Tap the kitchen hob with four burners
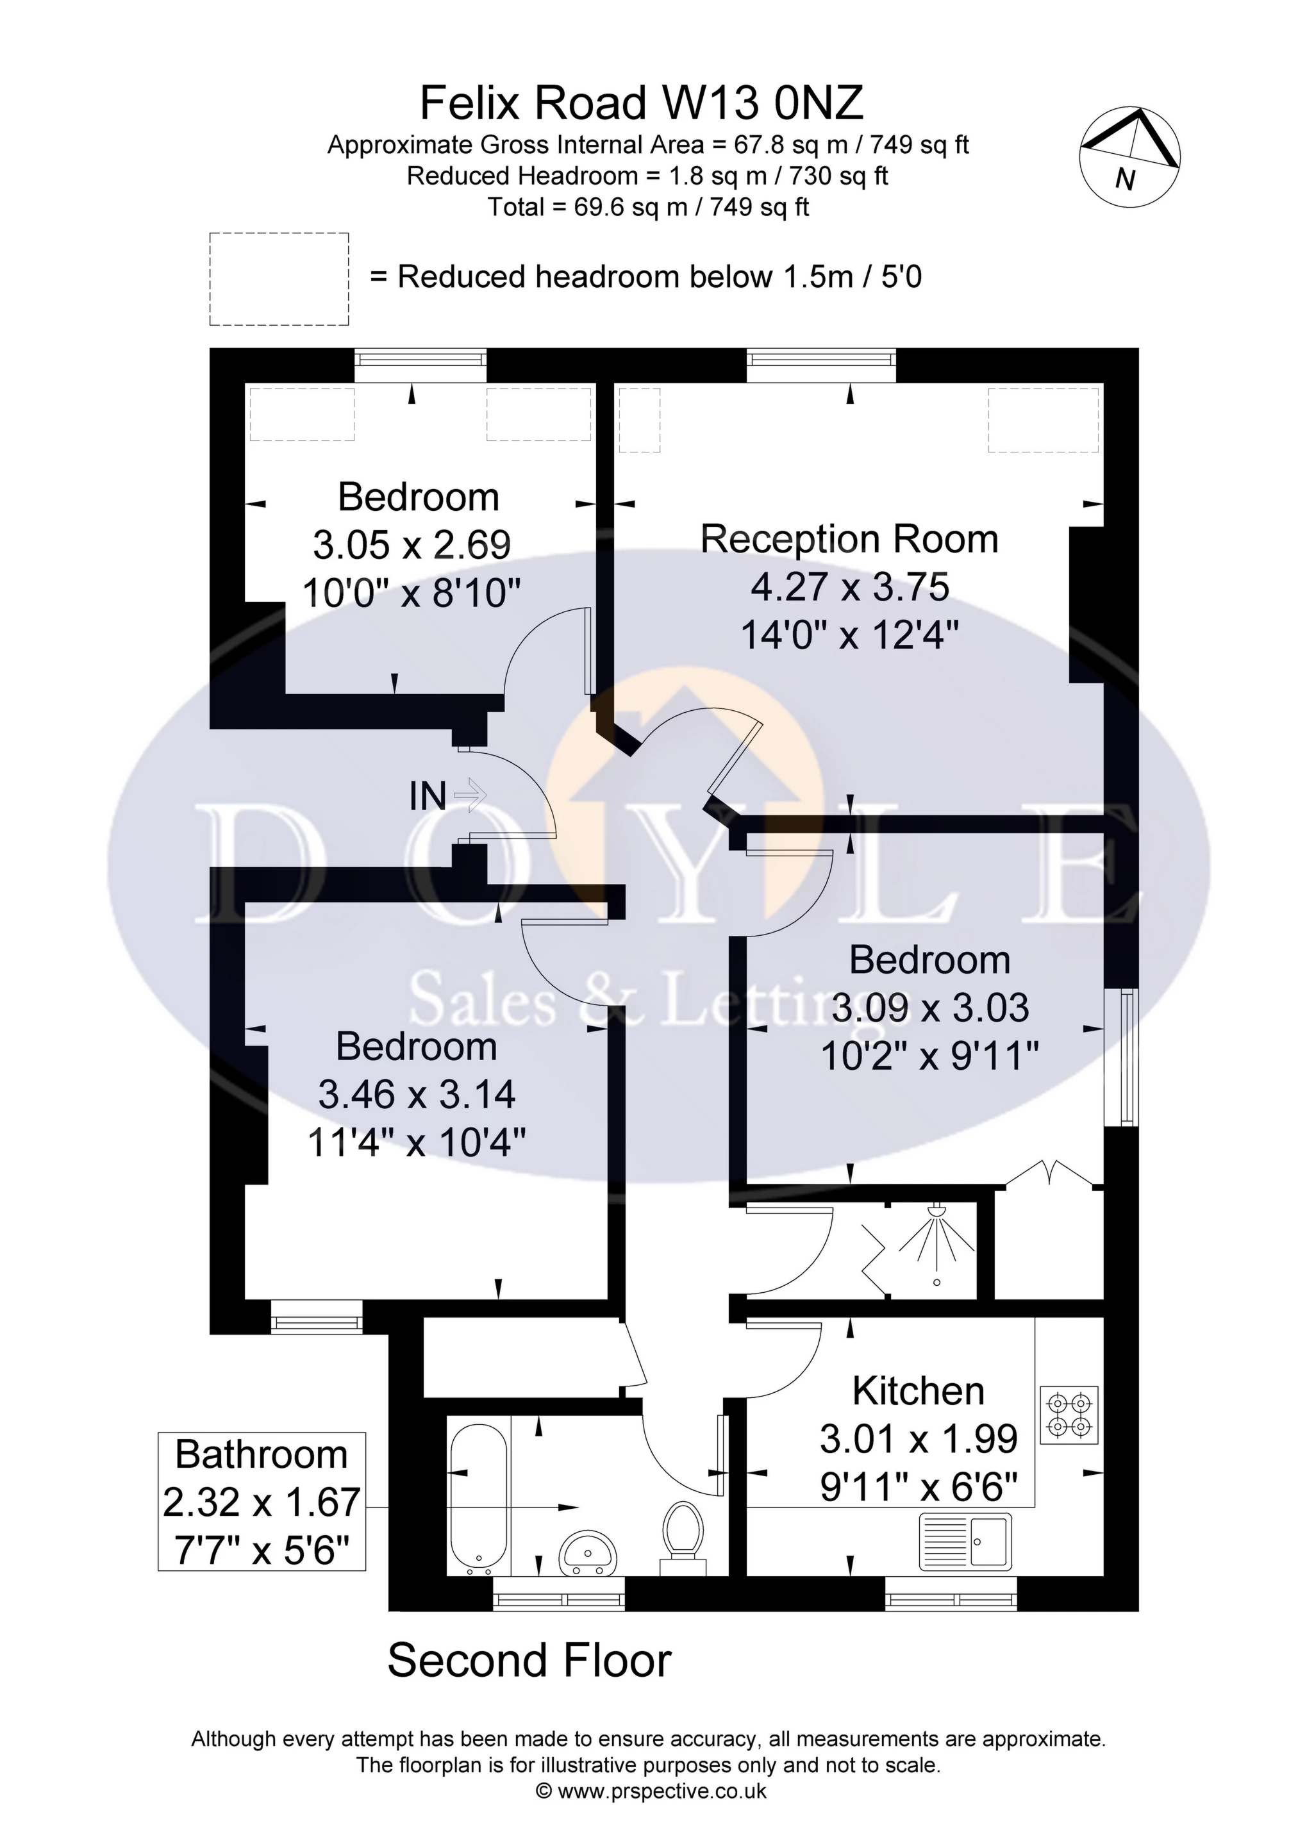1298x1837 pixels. click(x=1069, y=1415)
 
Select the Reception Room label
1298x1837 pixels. click(x=849, y=539)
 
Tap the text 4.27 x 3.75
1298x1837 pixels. click(x=849, y=587)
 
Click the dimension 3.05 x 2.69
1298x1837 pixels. click(x=412, y=545)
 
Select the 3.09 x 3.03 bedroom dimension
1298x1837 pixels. click(x=930, y=1008)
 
